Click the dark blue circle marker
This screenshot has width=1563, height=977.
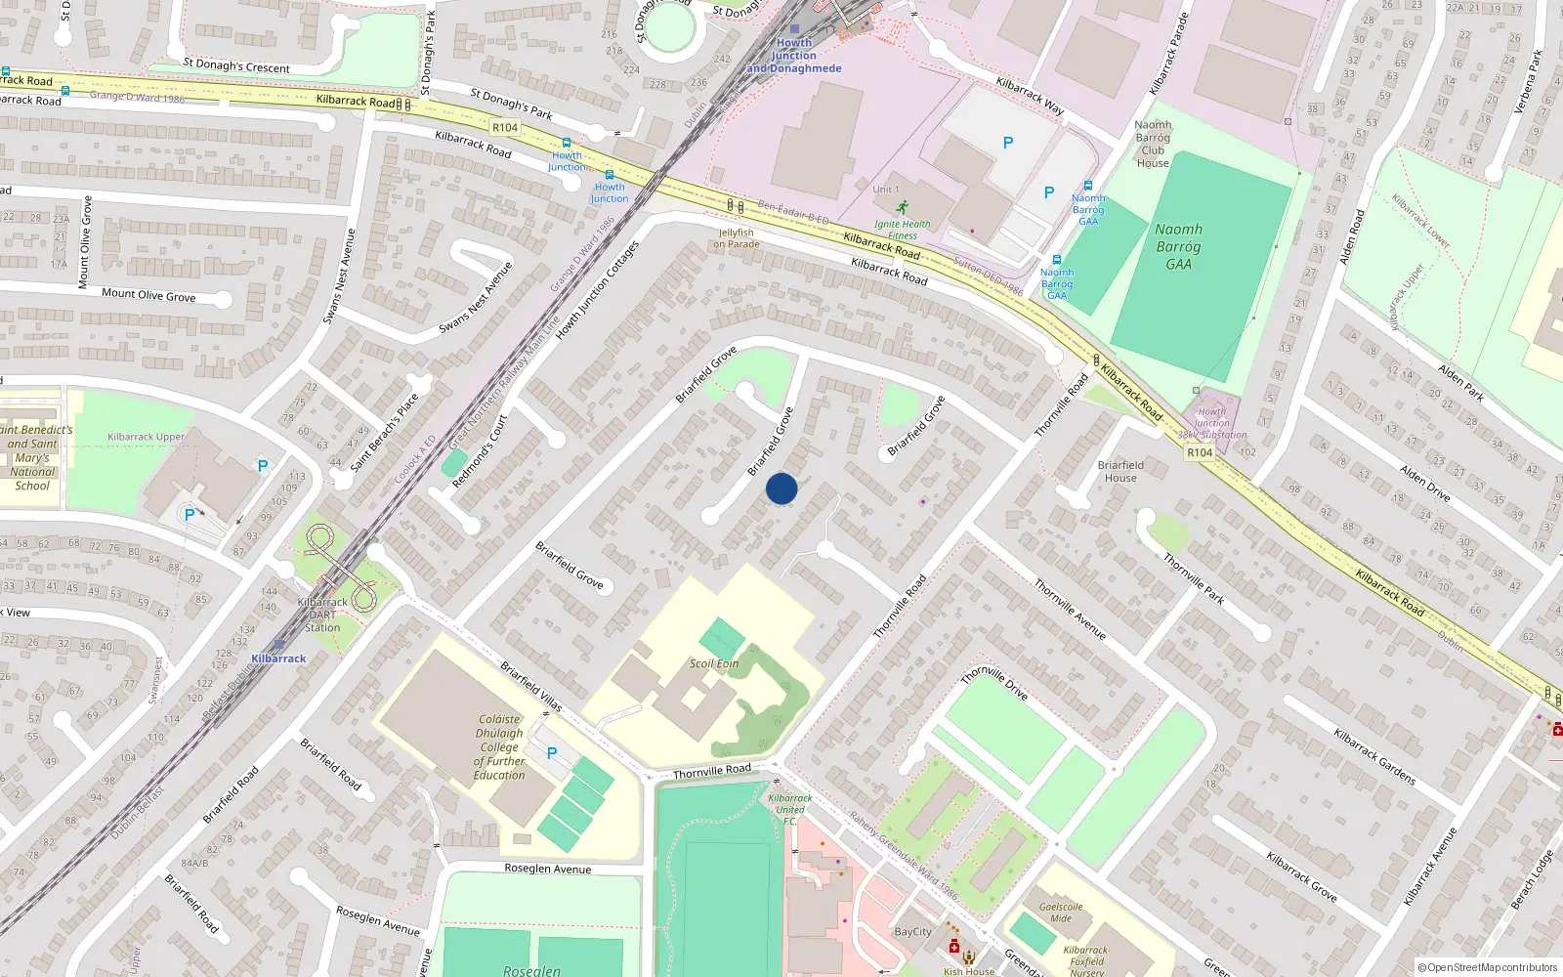781,488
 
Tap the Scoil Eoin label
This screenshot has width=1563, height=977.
714,663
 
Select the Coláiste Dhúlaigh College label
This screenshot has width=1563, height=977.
499,747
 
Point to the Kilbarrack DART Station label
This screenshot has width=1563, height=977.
322,615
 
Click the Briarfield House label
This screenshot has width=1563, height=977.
1120,471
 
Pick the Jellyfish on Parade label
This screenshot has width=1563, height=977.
736,238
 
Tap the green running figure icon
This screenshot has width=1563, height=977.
902,208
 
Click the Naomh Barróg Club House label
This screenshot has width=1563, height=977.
1153,144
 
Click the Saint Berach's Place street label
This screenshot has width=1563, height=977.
385,431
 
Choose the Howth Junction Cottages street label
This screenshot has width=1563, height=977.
597,290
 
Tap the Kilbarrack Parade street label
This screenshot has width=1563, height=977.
1168,54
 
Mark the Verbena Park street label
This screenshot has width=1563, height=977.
1528,81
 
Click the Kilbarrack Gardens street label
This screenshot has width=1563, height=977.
1374,756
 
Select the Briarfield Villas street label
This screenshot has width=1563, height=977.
531,686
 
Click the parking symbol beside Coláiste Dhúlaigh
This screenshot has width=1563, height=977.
552,753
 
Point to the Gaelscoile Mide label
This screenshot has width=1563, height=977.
1061,913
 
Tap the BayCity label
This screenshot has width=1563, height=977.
913,932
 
